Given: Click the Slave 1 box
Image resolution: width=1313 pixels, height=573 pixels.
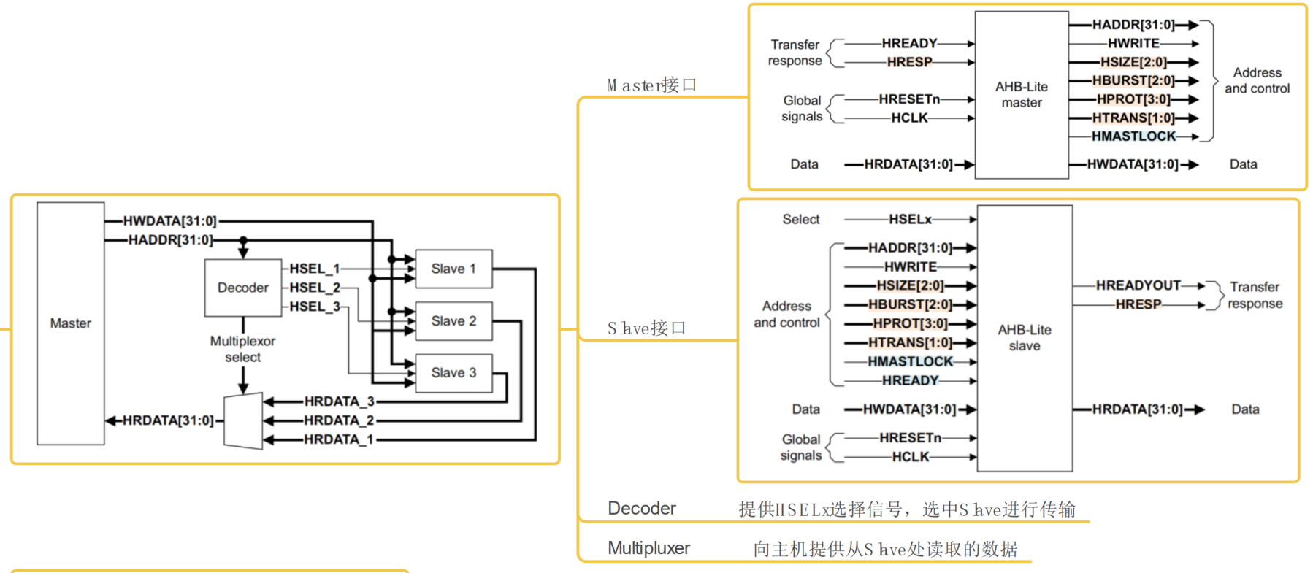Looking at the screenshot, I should click(x=453, y=269).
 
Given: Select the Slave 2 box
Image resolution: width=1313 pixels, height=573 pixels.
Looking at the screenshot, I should click(x=453, y=321).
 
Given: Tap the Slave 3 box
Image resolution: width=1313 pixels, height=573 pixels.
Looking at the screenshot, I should click(x=453, y=373).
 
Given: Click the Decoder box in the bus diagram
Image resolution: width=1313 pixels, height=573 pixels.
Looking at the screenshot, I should click(x=243, y=288).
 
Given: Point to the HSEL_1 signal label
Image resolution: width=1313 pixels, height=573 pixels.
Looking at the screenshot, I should click(x=315, y=269).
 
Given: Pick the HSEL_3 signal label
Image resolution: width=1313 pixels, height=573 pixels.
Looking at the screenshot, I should click(x=315, y=307).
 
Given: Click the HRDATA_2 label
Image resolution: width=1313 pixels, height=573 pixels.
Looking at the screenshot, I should click(x=339, y=420).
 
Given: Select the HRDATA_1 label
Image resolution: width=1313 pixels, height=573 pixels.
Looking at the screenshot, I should click(x=339, y=439).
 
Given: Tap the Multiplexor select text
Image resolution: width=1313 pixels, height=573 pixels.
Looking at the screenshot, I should click(x=243, y=349).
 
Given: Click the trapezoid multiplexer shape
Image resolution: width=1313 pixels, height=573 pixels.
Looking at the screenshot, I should click(x=243, y=421).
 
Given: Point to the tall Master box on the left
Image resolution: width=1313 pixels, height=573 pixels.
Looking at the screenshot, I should click(x=71, y=323).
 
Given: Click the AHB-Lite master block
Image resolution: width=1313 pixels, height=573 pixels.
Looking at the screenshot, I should click(x=1022, y=95).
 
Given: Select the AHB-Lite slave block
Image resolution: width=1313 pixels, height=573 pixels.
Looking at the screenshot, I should click(x=1025, y=338).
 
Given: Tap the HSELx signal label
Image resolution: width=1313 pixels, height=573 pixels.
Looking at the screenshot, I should click(x=910, y=219).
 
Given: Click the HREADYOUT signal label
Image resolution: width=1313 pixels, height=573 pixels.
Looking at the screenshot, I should click(x=1138, y=285).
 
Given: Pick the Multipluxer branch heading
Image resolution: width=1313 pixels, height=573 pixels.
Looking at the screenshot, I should click(x=648, y=548).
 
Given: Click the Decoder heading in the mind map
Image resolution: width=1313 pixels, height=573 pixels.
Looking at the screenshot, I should click(x=642, y=509).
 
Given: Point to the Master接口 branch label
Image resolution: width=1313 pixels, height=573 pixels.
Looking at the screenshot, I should click(x=651, y=85).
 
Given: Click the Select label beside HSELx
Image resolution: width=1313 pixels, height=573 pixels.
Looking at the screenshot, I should click(x=801, y=219).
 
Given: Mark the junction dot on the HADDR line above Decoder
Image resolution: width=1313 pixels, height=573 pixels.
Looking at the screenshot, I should click(x=243, y=240).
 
